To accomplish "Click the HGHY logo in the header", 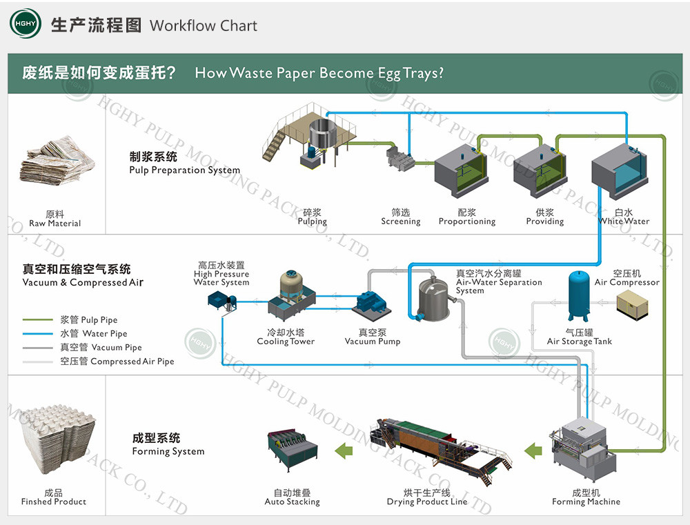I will (x=26, y=25).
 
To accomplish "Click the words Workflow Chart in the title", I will (x=203, y=26).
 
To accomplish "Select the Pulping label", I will (x=312, y=221).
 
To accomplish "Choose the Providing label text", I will (x=544, y=221).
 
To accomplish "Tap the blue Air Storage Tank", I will (x=579, y=295).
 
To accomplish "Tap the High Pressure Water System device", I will (x=221, y=299).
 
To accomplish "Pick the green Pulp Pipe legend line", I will (x=37, y=320).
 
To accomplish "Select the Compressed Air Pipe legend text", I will (x=132, y=361).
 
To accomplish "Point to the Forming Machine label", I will (x=586, y=502).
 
